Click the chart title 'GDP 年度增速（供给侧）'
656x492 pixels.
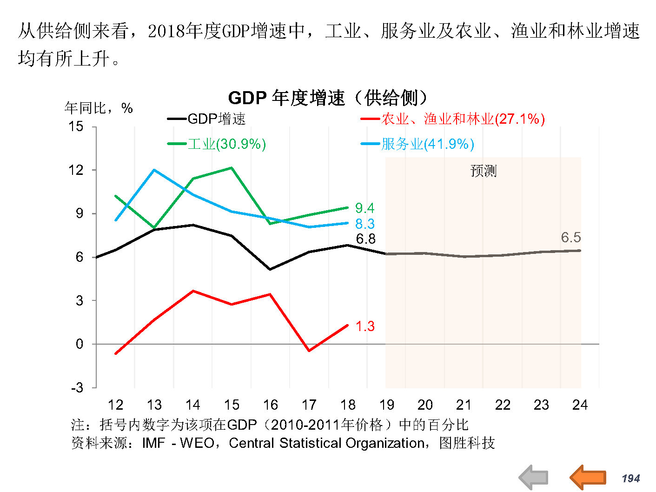pyautogui.click(x=327, y=98)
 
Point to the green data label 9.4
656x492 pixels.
pyautogui.click(x=364, y=208)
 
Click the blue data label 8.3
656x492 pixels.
pyautogui.click(x=364, y=224)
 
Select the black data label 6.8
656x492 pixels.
pyautogui.click(x=365, y=239)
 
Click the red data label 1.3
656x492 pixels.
pyautogui.click(x=365, y=326)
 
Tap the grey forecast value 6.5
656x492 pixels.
pyautogui.click(x=570, y=238)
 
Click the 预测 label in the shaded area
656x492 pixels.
pyautogui.click(x=483, y=171)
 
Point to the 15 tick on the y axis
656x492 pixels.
pyautogui.click(x=76, y=126)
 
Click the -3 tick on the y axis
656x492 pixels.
pyautogui.click(x=77, y=387)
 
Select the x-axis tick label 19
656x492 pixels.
pyautogui.click(x=386, y=405)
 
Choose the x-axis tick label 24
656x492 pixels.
pyautogui.click(x=580, y=405)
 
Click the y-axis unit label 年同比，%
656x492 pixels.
pyautogui.click(x=99, y=108)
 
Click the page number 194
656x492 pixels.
pyautogui.click(x=631, y=479)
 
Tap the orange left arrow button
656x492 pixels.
pyautogui.click(x=588, y=477)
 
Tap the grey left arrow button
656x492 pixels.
pyautogui.click(x=534, y=477)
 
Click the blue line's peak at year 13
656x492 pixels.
pyautogui.click(x=154, y=170)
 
